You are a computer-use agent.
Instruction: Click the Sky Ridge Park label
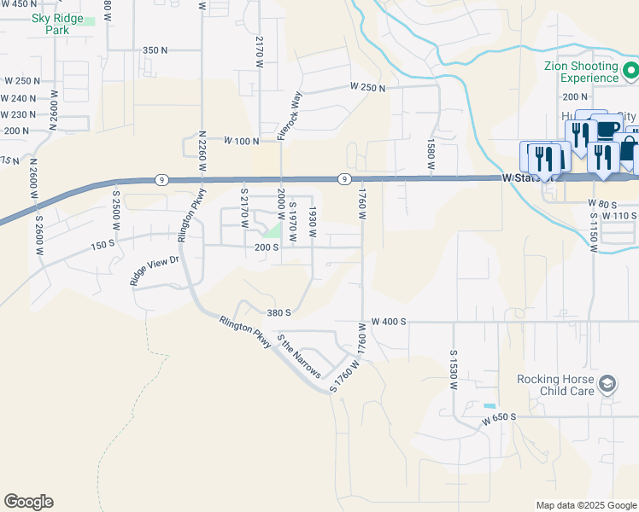click(x=56, y=24)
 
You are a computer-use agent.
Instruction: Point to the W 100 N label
click(x=242, y=140)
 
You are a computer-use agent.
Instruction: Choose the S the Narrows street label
click(x=298, y=357)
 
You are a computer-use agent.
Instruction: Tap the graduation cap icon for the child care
click(x=607, y=384)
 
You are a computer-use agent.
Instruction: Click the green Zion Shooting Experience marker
click(x=630, y=69)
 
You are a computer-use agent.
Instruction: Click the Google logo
click(x=29, y=502)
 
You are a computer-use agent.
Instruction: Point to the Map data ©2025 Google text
click(x=585, y=505)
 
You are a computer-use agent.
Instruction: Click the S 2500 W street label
click(x=114, y=207)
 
